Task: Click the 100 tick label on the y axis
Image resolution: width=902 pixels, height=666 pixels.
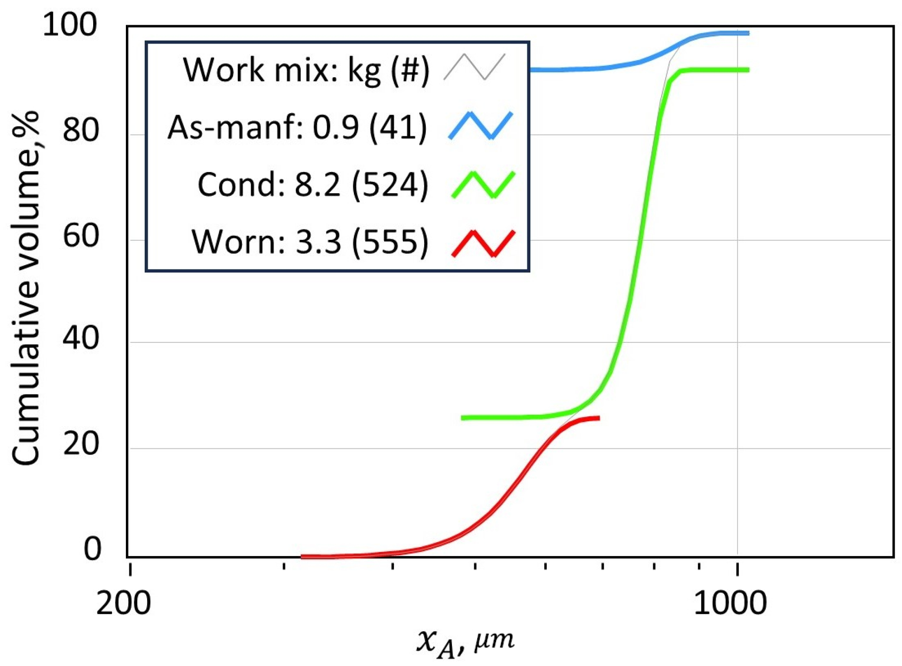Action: coord(70,25)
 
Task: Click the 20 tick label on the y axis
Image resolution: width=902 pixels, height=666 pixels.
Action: coord(80,444)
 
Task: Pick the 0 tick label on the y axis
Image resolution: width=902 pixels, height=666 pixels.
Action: coord(92,549)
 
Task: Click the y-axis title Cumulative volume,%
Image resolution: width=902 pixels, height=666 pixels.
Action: coord(26,287)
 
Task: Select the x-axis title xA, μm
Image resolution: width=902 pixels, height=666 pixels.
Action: coord(465,642)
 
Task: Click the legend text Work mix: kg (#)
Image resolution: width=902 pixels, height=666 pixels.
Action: coord(306,69)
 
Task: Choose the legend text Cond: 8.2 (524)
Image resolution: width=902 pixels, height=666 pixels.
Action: coord(312,185)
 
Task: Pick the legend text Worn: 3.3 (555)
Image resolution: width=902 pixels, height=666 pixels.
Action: coord(309,242)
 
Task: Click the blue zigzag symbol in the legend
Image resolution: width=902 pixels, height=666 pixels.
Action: coord(480,126)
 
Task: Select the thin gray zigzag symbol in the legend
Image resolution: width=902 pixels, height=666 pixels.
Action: coord(474,67)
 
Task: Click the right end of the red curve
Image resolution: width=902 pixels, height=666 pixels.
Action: coord(599,418)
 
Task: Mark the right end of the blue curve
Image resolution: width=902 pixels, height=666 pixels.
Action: coord(748,33)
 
